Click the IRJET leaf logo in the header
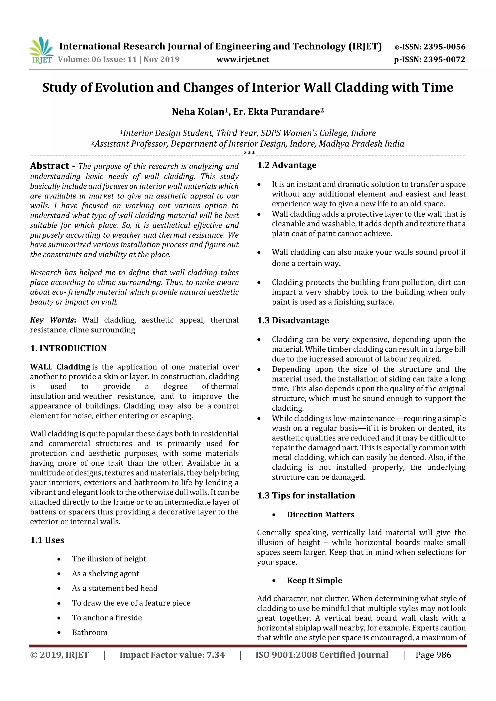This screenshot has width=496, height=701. (41, 50)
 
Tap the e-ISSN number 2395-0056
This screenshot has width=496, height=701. (444, 47)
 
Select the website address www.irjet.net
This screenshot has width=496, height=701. (243, 59)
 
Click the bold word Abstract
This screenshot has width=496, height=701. (49, 166)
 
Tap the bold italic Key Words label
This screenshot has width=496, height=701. (52, 320)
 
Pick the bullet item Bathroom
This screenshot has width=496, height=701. (90, 632)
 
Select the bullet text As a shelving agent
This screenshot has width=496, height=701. (105, 573)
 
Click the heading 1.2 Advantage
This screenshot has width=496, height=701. (287, 165)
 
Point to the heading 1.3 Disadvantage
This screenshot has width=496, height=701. (293, 320)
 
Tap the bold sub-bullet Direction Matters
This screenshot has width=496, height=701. (320, 514)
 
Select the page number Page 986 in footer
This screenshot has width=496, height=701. (433, 655)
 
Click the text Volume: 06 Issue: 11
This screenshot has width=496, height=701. (97, 59)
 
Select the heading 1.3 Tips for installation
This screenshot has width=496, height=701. (306, 495)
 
